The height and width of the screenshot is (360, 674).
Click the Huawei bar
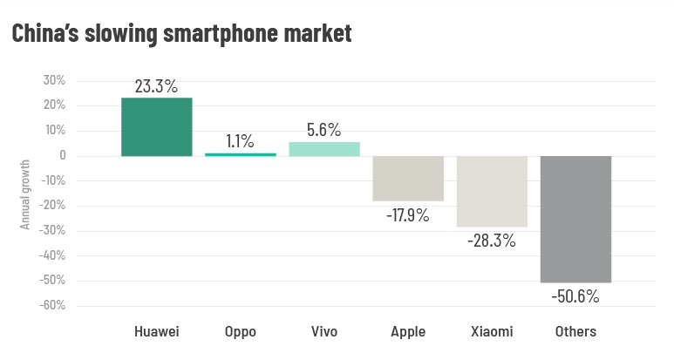[157, 127]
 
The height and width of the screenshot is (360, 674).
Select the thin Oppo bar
[241, 154]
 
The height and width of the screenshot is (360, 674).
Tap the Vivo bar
[324, 149]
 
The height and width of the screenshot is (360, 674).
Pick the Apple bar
[408, 179]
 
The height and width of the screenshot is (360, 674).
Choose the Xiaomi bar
[492, 192]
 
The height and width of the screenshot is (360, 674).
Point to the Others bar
[575, 220]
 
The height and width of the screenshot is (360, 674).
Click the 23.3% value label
[157, 86]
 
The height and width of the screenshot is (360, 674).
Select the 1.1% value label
[240, 141]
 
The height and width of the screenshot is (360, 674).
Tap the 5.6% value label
[324, 130]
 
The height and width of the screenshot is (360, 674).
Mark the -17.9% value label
[407, 214]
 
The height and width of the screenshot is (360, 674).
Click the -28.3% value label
[491, 241]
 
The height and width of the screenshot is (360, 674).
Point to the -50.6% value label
[575, 296]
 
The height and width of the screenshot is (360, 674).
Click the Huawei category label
[157, 332]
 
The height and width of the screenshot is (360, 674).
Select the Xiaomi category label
[492, 332]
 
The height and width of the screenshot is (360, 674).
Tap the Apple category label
[408, 332]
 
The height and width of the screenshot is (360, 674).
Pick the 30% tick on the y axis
[54, 81]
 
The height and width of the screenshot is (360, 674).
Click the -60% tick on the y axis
[52, 306]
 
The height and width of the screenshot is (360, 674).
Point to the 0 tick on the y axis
[62, 156]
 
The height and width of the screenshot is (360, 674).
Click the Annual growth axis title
[25, 194]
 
